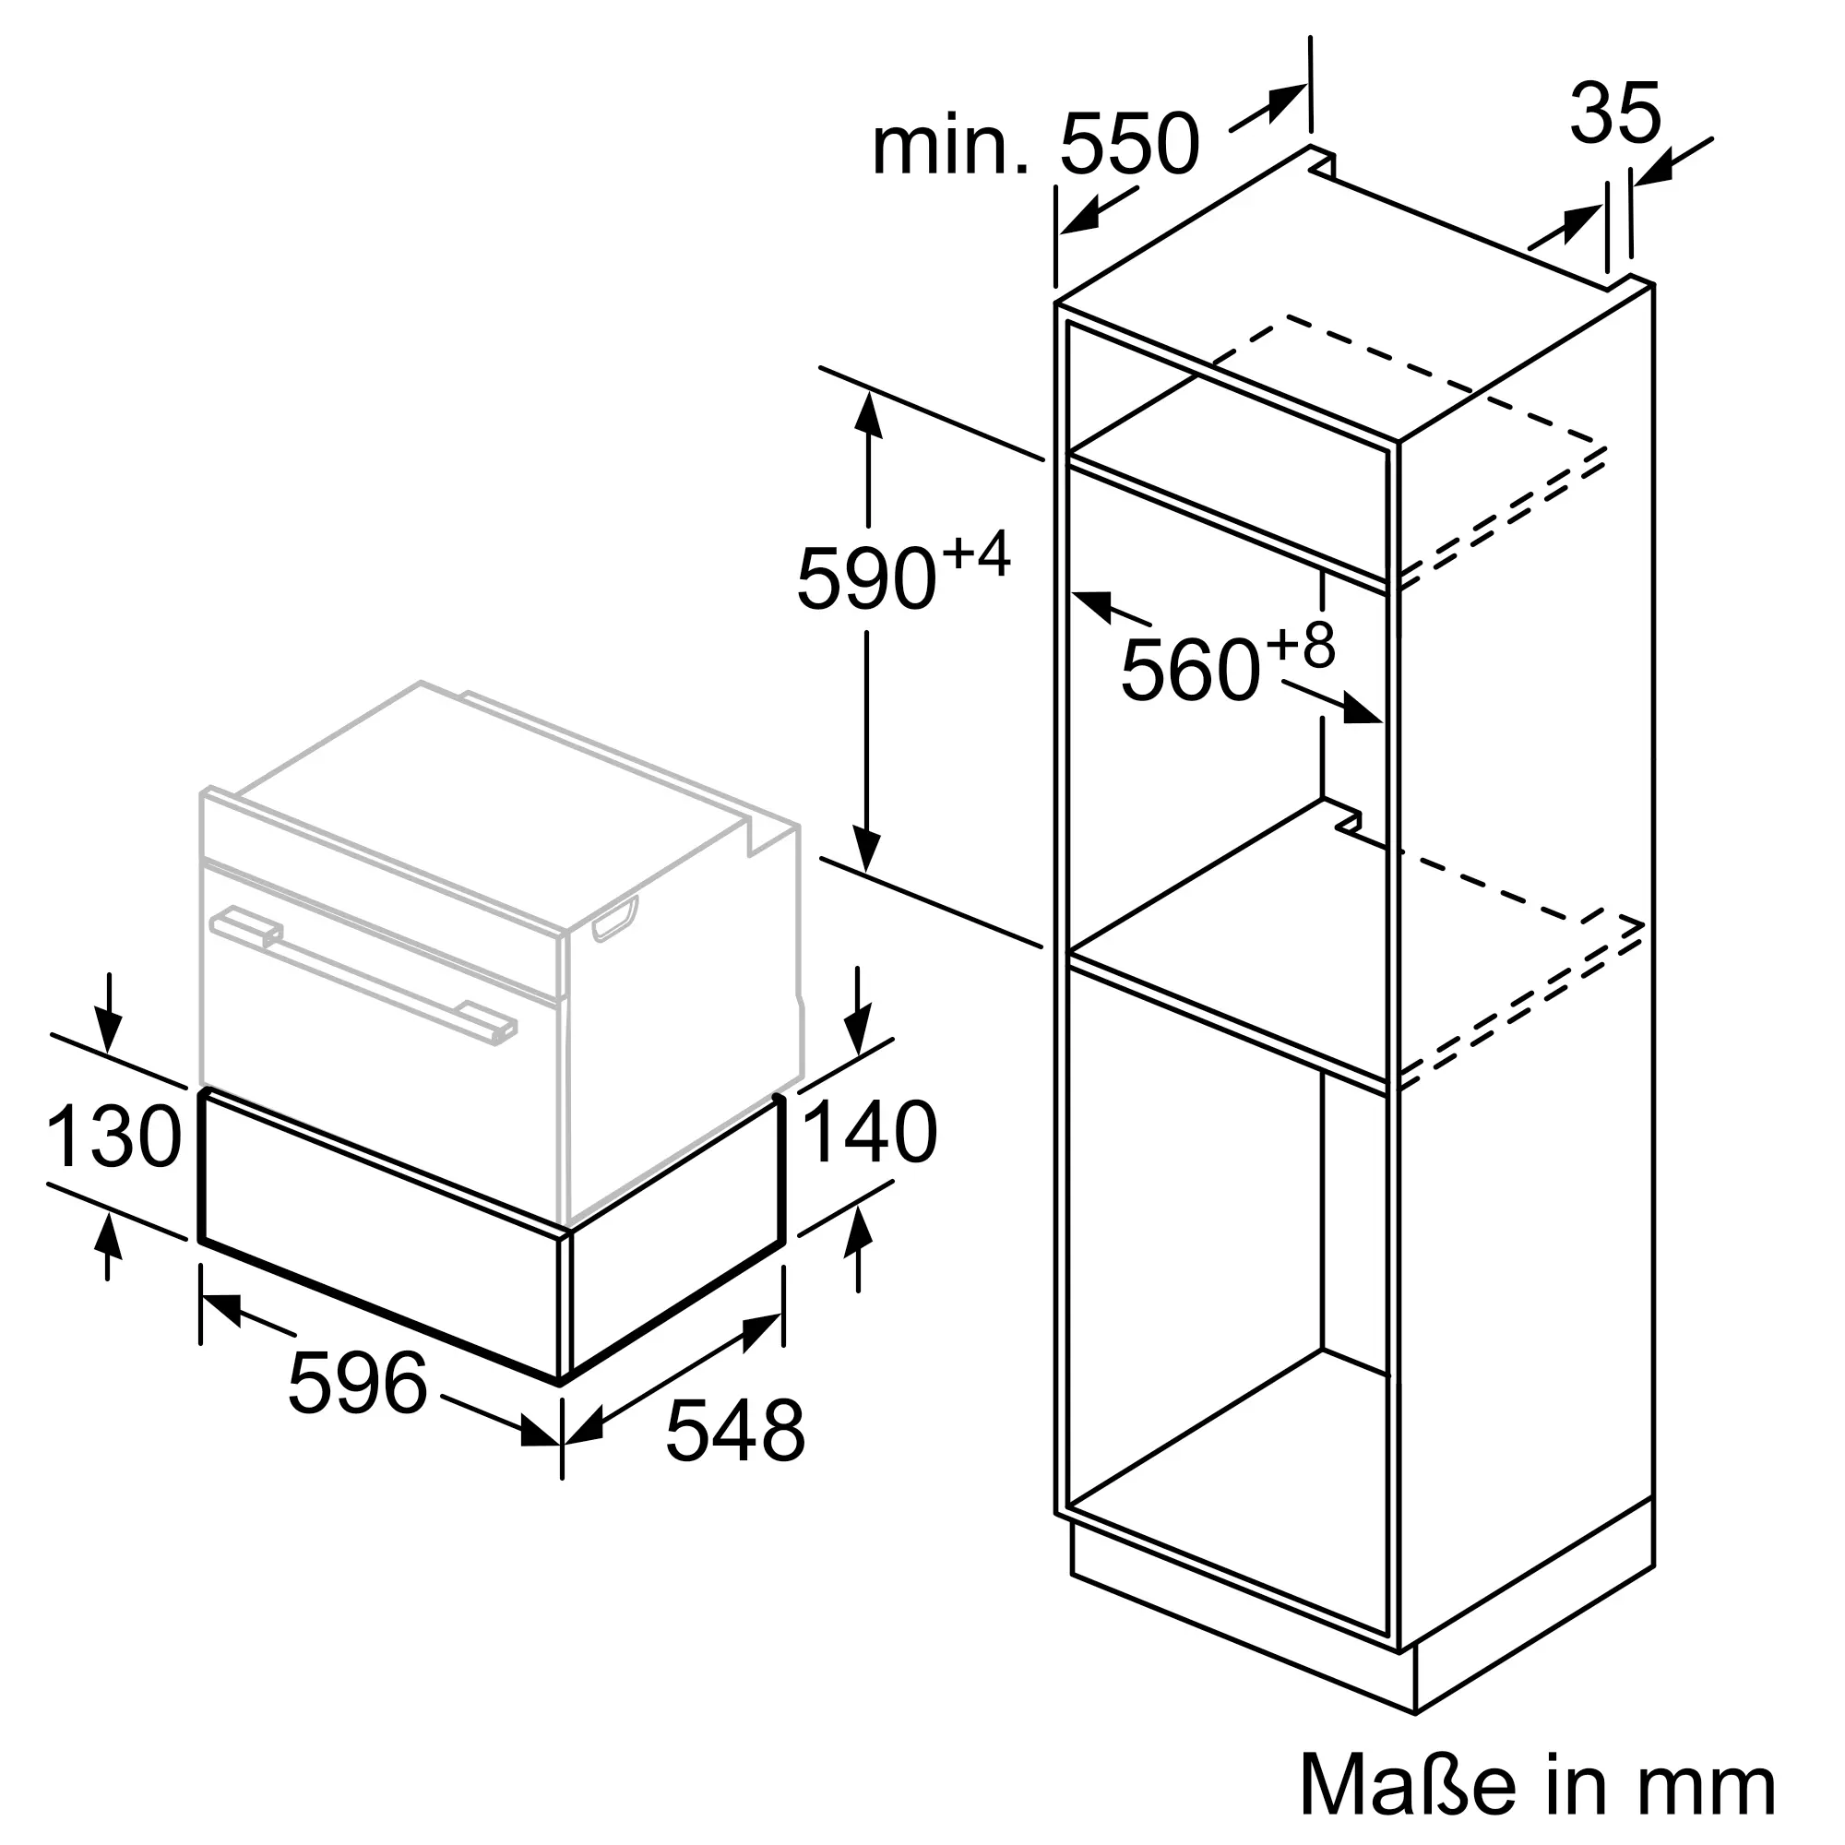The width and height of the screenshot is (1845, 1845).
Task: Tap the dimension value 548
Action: coord(735,1458)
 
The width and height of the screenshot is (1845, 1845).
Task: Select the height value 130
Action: coord(113,1136)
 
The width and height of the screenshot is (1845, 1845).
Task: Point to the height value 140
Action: coord(870,1132)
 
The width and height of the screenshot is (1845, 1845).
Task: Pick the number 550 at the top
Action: coord(1129,144)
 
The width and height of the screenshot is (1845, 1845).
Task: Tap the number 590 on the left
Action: coord(865,578)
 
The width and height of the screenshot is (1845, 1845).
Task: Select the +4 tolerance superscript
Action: coord(975,554)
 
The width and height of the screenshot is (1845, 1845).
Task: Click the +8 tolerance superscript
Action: coord(1300,645)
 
